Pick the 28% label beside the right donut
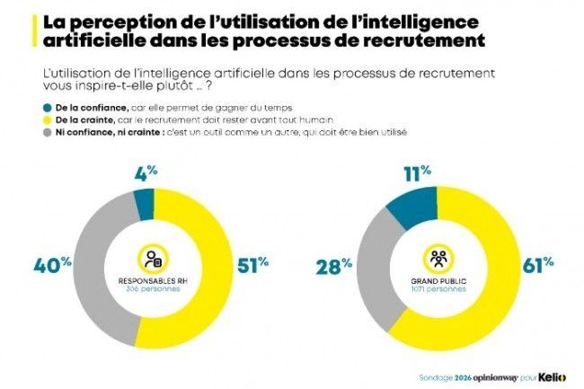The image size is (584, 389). (332, 266)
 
